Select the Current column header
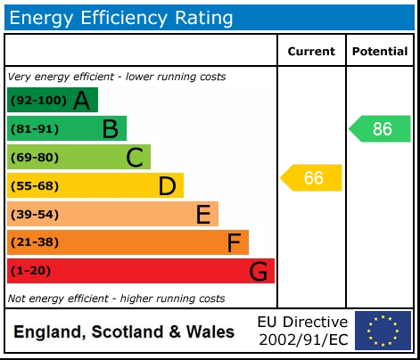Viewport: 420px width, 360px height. point(311,52)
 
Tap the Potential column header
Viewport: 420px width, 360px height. point(380,52)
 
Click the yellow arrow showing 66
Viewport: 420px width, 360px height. point(312,178)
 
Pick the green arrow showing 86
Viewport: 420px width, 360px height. point(381,129)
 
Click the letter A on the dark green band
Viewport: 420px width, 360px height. point(81,101)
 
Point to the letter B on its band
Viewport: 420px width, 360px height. point(110,129)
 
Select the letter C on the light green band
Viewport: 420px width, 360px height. point(135,158)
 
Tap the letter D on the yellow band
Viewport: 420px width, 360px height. point(167,186)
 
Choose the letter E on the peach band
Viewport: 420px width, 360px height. point(202,215)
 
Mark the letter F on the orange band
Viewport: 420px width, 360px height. point(234,242)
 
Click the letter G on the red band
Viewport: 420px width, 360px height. point(258,271)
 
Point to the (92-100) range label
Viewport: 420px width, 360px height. point(38,101)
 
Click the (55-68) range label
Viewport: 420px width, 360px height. point(35,186)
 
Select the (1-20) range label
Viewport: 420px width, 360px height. point(31,271)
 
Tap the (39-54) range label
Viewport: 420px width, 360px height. point(35,215)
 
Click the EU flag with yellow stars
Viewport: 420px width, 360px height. point(383,331)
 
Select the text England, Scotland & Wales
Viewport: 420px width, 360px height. point(124,332)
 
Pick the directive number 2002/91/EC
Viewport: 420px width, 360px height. point(303,340)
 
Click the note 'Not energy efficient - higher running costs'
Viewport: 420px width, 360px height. point(116,299)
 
